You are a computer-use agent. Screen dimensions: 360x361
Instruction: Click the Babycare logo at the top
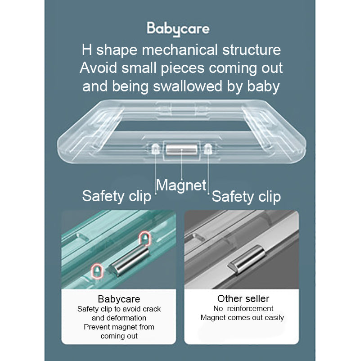point(178,29)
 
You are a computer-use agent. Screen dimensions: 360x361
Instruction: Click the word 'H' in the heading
point(87,50)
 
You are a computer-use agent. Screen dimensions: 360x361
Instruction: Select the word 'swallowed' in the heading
point(188,86)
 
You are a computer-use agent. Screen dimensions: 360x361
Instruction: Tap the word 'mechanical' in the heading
point(180,50)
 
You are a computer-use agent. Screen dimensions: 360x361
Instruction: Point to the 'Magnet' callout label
point(181,185)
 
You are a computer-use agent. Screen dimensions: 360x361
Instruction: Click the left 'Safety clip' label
point(117,196)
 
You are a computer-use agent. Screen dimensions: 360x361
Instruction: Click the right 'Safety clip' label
point(246,197)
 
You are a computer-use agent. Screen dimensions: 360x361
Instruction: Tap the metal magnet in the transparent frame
point(182,150)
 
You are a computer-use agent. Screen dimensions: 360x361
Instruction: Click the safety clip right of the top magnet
point(208,149)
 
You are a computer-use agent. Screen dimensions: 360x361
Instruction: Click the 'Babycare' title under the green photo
point(119,299)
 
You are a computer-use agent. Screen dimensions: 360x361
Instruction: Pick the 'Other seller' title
point(243,298)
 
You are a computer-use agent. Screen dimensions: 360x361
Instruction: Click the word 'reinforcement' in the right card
point(250,308)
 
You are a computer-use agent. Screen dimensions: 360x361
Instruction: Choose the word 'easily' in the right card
point(274,318)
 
